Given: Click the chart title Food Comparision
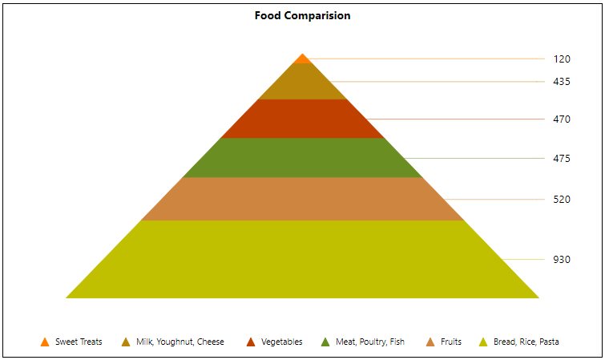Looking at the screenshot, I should [302, 15].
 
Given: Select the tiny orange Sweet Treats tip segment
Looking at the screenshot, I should [302, 59].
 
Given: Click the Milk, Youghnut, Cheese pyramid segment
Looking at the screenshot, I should [302, 83].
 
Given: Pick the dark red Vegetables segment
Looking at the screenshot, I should [302, 119].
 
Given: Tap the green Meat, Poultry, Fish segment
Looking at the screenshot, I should [302, 158].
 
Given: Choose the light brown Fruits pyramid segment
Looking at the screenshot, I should [302, 198].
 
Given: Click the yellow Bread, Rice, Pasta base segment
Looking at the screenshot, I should [302, 259].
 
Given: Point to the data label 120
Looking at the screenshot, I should [562, 59].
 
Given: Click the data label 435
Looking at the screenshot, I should [562, 82].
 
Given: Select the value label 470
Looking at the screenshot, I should [562, 119].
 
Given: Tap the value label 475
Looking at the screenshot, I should [562, 159].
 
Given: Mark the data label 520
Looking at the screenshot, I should [562, 199].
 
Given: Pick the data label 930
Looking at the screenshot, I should [562, 259].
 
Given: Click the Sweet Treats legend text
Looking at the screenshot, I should [79, 342].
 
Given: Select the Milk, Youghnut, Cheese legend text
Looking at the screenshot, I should [179, 342].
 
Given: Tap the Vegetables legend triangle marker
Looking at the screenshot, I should [251, 342].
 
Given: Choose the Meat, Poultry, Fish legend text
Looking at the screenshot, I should [369, 342].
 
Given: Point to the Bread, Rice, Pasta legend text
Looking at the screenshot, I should [526, 342].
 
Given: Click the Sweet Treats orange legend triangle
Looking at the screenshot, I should [45, 342].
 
